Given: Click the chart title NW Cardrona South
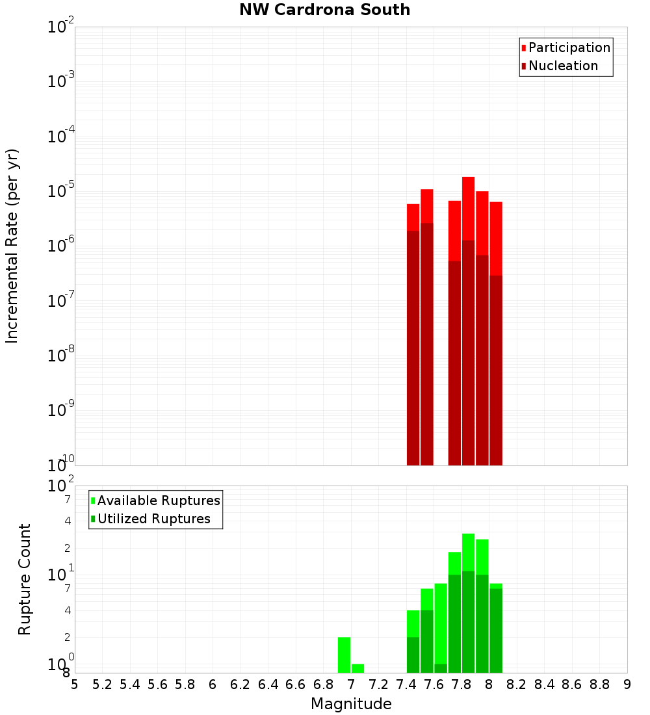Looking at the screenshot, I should tap(325, 10).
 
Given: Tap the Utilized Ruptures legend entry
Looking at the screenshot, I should tap(153, 519).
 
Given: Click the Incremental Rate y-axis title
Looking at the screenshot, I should tap(12, 246).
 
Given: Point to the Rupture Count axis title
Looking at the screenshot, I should tap(25, 578).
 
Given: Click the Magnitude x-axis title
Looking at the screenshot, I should tap(351, 704).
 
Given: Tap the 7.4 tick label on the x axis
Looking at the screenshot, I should tap(406, 684).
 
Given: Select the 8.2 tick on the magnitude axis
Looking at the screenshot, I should tap(517, 684).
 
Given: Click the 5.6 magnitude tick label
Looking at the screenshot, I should tap(158, 684).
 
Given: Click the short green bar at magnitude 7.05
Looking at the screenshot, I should tap(358, 668).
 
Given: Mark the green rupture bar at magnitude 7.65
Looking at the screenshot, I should tap(441, 624).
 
